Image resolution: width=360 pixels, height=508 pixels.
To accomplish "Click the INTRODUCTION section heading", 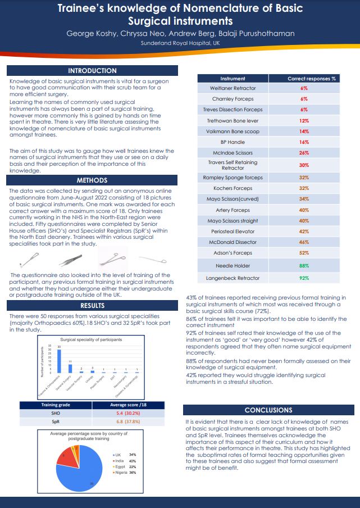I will click(x=92, y=71).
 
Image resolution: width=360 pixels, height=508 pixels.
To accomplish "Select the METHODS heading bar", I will click(x=92, y=180).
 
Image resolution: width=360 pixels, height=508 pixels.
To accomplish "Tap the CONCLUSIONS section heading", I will click(x=268, y=410).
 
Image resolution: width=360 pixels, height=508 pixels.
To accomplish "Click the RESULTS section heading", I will click(x=92, y=306).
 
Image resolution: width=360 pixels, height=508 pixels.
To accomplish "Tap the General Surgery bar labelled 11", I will click(x=70, y=368).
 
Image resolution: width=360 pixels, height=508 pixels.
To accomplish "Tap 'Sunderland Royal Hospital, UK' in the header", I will click(x=180, y=43).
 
